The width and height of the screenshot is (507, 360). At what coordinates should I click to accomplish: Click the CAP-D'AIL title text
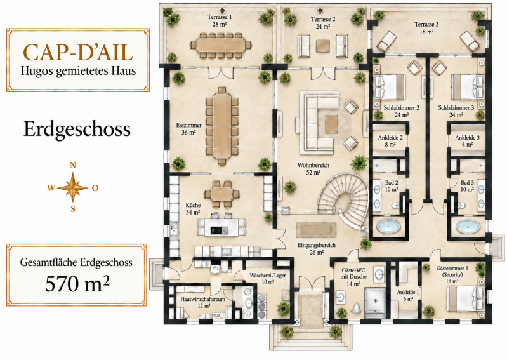[x=78, y=53]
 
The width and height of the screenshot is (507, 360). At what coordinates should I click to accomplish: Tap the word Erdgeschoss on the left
[x=77, y=129]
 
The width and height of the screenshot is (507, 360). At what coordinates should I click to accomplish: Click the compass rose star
[x=73, y=187]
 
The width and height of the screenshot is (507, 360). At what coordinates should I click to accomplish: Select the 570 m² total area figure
[x=77, y=283]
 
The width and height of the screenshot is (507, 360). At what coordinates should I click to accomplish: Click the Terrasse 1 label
[x=220, y=20]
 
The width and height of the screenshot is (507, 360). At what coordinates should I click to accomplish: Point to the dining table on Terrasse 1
[x=221, y=45]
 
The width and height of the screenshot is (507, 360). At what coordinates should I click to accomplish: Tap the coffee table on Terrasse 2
[x=324, y=46]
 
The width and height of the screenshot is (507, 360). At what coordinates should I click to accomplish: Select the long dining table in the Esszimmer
[x=222, y=126]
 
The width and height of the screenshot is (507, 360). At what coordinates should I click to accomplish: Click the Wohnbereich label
[x=313, y=168]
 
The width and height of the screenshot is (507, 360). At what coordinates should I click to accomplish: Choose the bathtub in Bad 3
[x=468, y=227]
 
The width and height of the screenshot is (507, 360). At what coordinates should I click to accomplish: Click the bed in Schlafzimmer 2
[x=390, y=87]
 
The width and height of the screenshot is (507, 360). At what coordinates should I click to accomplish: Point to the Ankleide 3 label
[x=467, y=141]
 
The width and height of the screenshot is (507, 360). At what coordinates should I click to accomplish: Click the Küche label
[x=193, y=209]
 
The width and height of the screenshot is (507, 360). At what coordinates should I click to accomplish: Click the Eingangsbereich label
[x=317, y=248]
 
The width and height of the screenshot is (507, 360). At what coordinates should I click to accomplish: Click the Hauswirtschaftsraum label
[x=202, y=302]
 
